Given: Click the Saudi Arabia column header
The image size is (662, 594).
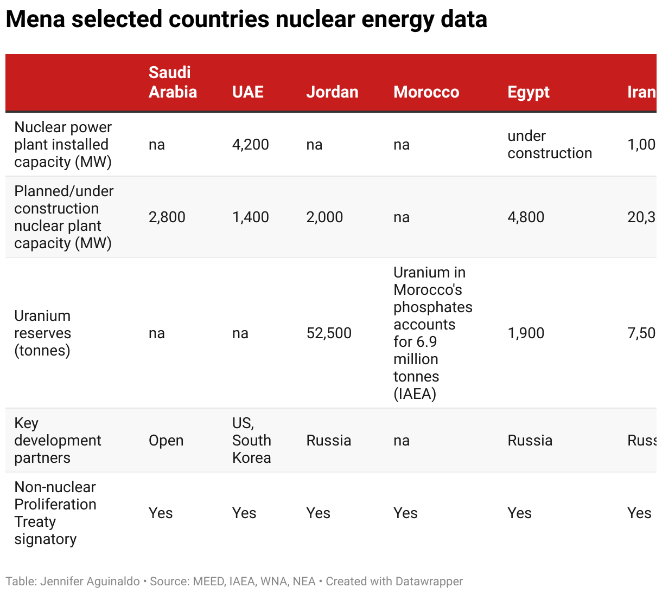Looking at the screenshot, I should point(173,82).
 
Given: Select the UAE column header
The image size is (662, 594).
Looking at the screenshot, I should point(248,92).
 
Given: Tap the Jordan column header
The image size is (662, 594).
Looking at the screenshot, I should point(332,92).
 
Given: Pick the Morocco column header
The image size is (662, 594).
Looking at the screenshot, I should point(426,92).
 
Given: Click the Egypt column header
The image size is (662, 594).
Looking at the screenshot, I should point(528,92).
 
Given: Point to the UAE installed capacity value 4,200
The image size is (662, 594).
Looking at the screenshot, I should point(250,145).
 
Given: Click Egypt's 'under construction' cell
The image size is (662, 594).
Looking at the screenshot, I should point(549,145).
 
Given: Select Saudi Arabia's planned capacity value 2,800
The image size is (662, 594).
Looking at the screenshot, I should point(167,217).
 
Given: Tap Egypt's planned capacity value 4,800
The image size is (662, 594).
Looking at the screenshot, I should point(525,217).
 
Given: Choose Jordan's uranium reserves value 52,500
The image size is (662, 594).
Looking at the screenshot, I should point(329,333).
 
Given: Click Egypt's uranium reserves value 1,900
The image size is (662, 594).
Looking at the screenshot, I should point(525,333).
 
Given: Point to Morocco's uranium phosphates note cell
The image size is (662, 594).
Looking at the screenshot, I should point(432,333).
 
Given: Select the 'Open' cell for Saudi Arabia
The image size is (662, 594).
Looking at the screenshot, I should point(166,441).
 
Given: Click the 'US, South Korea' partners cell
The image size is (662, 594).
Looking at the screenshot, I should point(251,441).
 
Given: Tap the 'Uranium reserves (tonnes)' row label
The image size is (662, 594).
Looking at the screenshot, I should point(42,333).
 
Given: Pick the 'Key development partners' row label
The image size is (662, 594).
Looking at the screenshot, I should point(58,441).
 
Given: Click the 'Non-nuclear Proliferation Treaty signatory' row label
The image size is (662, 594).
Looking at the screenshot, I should point(55,513).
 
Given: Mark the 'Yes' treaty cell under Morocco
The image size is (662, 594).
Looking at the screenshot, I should point(405,513).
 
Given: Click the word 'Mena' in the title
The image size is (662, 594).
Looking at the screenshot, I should point(35,20).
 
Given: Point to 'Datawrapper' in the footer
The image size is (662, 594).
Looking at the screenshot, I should point(429,582).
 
